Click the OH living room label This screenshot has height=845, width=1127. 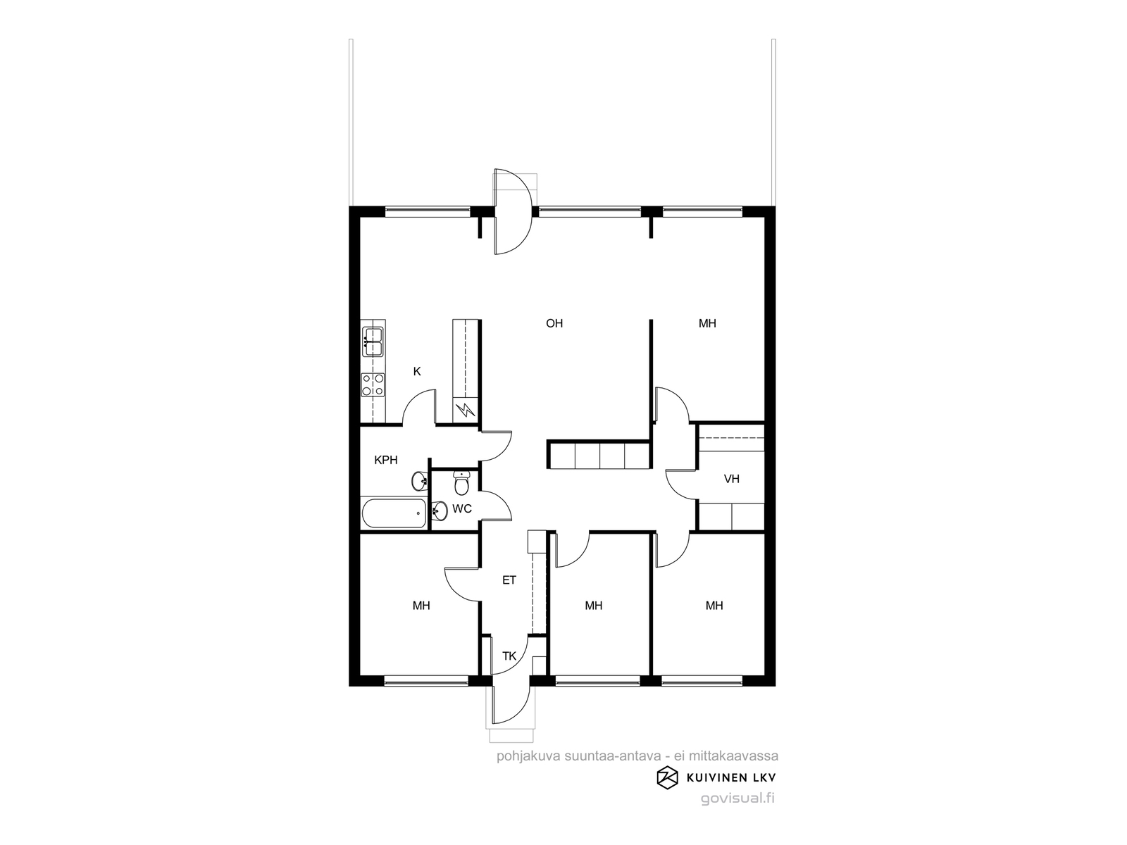[554, 323]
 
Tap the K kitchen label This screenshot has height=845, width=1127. [417, 372]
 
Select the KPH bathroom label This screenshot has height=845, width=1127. [385, 461]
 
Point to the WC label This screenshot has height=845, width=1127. [461, 509]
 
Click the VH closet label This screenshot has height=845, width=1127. [732, 480]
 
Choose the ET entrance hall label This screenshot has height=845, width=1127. [509, 580]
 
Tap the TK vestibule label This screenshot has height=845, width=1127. [509, 656]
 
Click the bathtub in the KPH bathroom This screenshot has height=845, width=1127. [394, 513]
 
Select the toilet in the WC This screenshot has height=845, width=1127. [461, 483]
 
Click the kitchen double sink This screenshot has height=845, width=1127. [373, 342]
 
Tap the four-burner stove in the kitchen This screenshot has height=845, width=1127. [373, 384]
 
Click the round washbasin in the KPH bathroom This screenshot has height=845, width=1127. [420, 481]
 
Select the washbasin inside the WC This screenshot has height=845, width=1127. [440, 511]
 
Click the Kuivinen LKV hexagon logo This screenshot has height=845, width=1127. [668, 777]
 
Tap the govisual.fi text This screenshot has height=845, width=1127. [737, 799]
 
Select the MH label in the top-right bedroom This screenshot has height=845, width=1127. [707, 323]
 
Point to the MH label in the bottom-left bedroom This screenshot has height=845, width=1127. [421, 606]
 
